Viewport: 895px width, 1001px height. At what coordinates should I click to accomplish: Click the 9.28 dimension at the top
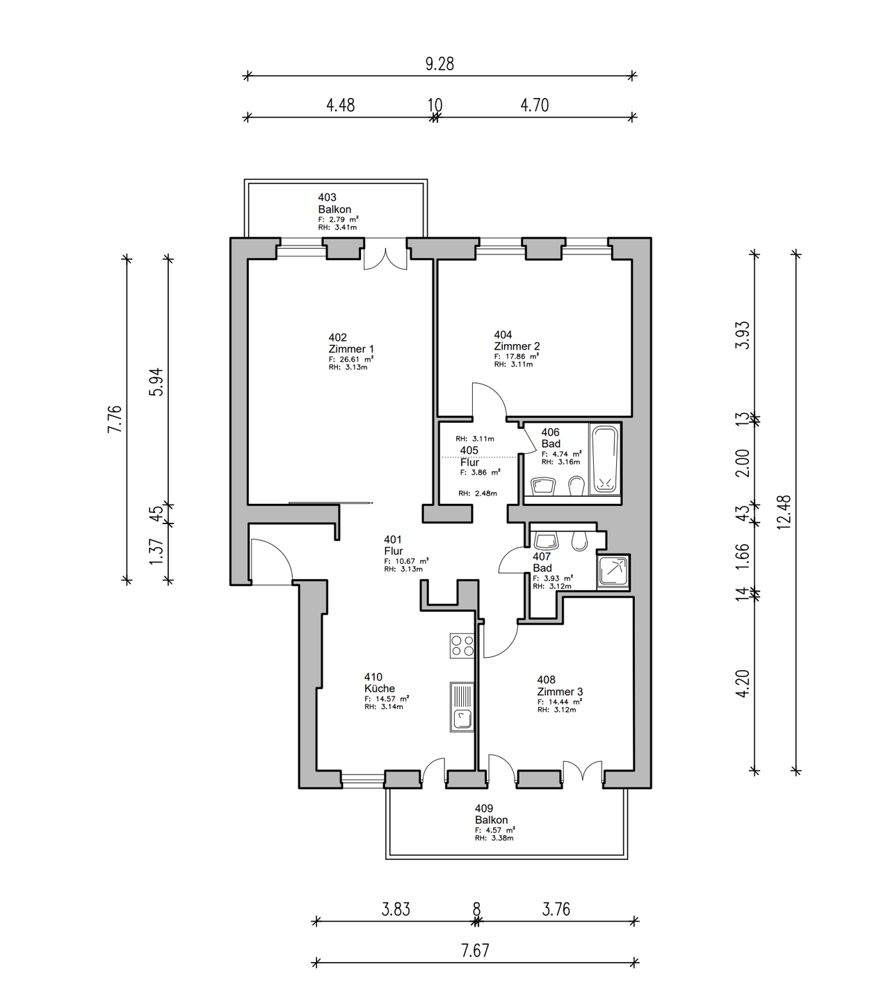[x=440, y=64]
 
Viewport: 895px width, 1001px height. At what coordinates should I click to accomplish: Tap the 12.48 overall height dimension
[x=784, y=512]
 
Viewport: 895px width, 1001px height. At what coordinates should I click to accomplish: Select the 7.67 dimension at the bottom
[x=475, y=951]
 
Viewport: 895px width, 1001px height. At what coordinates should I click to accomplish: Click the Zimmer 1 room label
[x=351, y=349]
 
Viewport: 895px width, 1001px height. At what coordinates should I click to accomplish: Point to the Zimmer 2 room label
[x=517, y=346]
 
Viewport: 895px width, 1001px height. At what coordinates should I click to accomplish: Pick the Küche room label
[x=380, y=688]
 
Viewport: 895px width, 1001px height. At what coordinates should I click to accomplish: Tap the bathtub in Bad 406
[x=604, y=460]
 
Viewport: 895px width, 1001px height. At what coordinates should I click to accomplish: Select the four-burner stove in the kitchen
[x=462, y=646]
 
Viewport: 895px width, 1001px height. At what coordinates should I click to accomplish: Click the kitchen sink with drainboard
[x=462, y=707]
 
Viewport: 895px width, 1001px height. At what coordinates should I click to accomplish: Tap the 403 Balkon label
[x=334, y=204]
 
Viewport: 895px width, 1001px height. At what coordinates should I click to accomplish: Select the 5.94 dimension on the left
[x=156, y=382]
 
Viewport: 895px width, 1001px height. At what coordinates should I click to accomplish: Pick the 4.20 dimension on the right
[x=743, y=683]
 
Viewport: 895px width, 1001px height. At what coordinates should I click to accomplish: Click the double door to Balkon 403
[x=385, y=255]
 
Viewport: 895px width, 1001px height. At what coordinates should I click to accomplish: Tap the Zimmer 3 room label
[x=560, y=691]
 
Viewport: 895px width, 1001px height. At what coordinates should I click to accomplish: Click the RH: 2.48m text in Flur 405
[x=477, y=493]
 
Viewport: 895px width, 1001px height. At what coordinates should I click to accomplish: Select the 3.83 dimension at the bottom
[x=396, y=909]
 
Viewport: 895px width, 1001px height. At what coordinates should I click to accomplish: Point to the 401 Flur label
[x=394, y=545]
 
